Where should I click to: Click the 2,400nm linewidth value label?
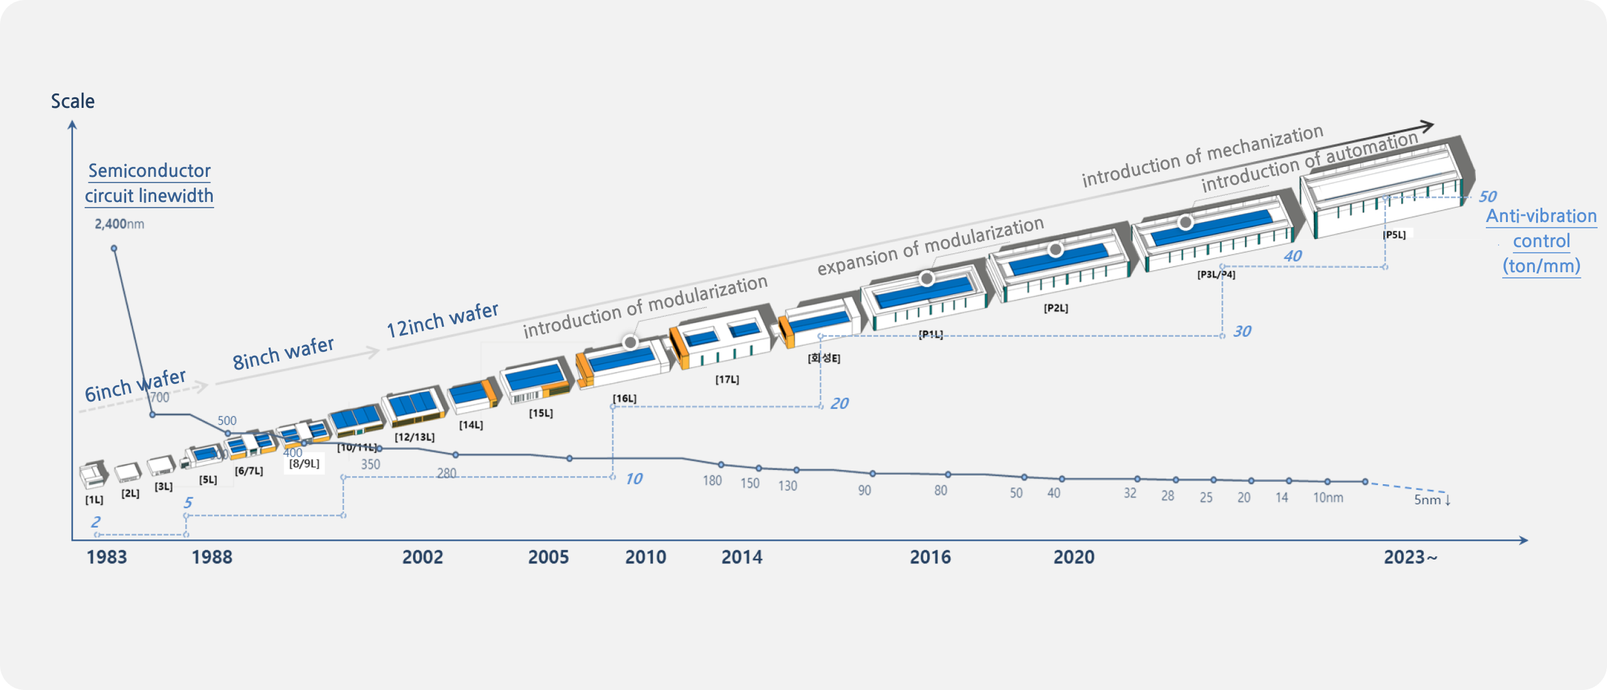coord(119,224)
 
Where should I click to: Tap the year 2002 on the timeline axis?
coord(422,557)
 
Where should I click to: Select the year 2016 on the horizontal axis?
coord(930,557)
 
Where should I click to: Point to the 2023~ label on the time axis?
coord(1410,557)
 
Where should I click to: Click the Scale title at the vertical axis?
coord(73,102)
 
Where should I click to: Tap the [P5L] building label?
coord(1394,235)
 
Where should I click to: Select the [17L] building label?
coord(727,379)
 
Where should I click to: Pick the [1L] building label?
coord(94,500)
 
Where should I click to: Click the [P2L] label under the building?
coord(1056,308)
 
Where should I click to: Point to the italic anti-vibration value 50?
coord(1487,197)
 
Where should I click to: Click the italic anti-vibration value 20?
coord(839,404)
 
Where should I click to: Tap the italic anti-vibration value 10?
coord(633,479)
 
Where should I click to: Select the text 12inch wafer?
coord(442,320)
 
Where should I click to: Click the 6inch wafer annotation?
coord(135,385)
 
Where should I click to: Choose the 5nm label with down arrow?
coord(1432,500)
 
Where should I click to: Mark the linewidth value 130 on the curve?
coord(787,486)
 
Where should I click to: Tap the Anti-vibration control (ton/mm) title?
coord(1541,241)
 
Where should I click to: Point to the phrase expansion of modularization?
coord(930,246)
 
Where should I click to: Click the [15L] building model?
coord(537,380)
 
